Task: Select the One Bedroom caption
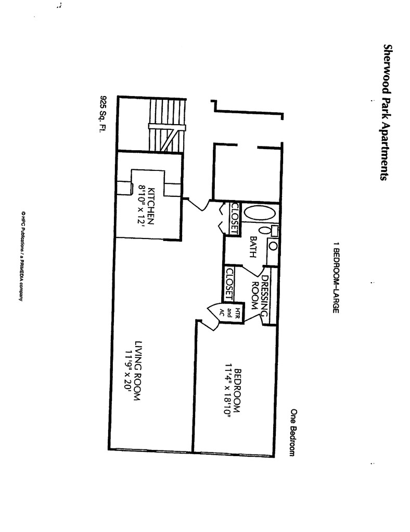tap(293, 432)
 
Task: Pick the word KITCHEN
tap(151, 205)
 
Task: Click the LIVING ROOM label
tap(138, 370)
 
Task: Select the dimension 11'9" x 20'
tap(127, 370)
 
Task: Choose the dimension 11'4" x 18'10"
tap(227, 391)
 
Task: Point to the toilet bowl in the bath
tap(264, 230)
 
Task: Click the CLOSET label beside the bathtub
tap(234, 217)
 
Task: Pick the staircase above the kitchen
tap(166, 125)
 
